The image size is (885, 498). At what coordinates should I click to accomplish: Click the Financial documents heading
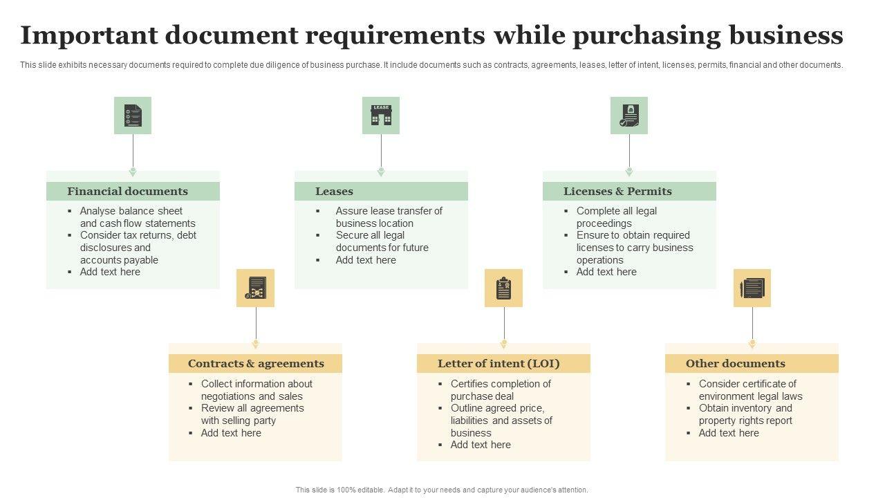click(127, 192)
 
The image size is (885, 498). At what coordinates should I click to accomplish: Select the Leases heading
click(334, 192)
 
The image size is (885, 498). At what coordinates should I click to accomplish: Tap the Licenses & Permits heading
click(617, 192)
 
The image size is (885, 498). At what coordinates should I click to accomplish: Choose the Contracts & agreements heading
click(256, 364)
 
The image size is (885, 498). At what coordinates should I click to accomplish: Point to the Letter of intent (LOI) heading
click(499, 364)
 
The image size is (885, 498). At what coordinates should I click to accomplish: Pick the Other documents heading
click(735, 364)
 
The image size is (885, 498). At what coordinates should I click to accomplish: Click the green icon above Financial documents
click(133, 116)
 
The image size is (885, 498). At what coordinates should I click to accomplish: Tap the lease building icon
click(381, 116)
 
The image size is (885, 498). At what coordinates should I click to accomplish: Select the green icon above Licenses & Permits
click(629, 116)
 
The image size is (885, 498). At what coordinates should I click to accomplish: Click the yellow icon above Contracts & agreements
click(256, 288)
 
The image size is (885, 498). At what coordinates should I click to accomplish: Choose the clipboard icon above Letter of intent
click(503, 288)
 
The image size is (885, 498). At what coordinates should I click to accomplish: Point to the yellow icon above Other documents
click(752, 288)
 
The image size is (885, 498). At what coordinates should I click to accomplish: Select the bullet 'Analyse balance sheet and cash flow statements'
click(137, 217)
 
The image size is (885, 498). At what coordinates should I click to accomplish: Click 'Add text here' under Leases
click(366, 260)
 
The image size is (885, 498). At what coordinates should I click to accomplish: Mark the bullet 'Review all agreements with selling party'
click(252, 414)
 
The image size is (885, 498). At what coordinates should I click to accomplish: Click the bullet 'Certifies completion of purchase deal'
click(500, 390)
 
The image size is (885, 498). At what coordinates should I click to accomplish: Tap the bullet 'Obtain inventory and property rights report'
click(745, 414)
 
